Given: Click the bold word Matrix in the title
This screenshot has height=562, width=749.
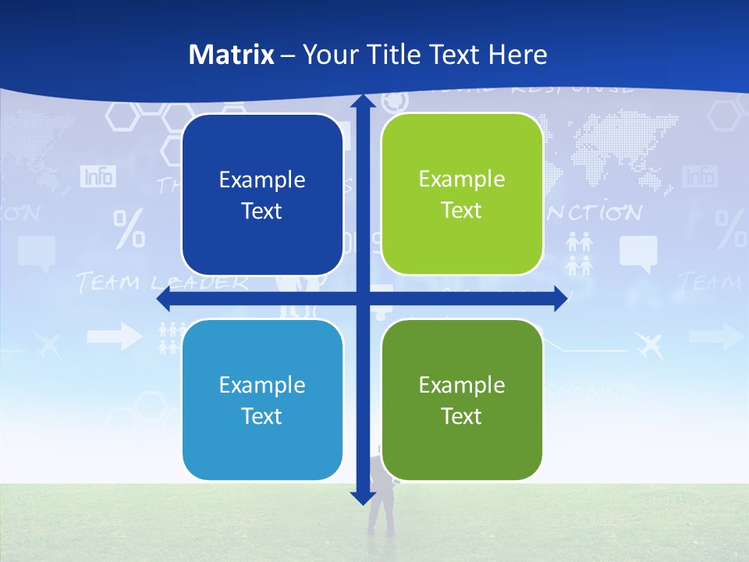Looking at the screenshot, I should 232,55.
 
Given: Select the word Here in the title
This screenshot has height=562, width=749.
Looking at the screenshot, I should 517,55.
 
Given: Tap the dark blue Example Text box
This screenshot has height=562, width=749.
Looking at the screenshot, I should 262,194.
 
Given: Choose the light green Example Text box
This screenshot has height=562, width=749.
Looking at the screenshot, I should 462,194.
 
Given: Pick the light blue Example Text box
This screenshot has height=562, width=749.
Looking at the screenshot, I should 262,400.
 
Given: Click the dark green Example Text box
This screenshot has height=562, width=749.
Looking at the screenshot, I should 462,400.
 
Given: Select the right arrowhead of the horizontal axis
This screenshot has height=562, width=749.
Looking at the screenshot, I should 559,299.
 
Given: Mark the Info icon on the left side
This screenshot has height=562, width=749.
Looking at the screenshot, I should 98,176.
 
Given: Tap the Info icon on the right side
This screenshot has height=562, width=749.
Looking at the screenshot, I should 700,176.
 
